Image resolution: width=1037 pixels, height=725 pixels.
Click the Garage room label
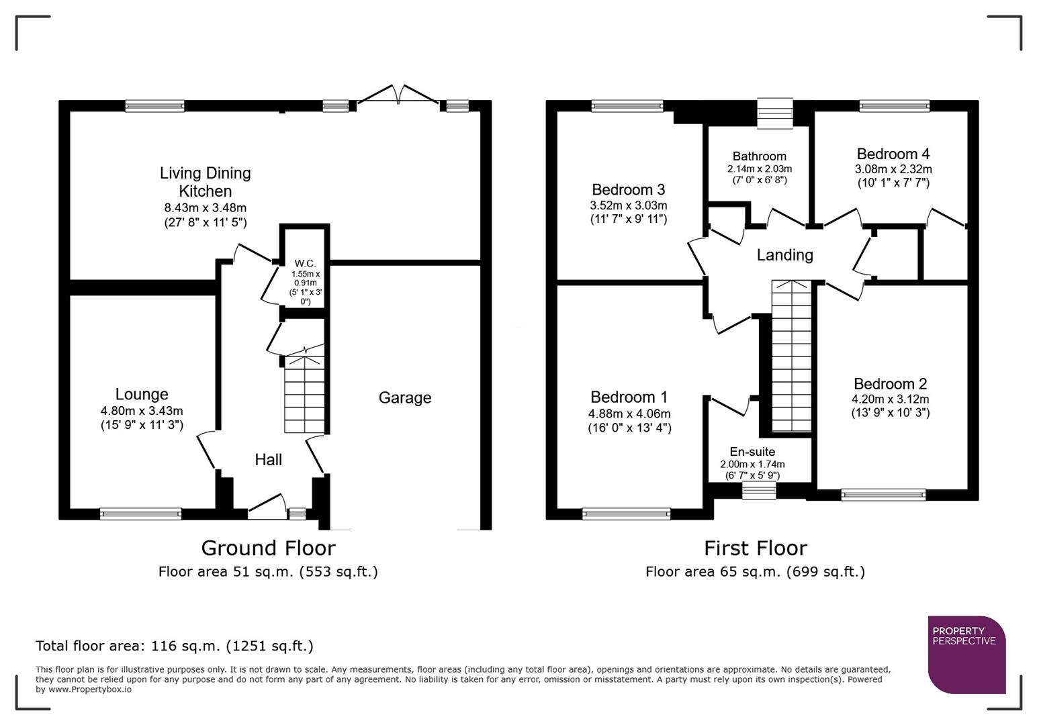click(x=404, y=398)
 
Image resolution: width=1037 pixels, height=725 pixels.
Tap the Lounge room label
click(x=141, y=395)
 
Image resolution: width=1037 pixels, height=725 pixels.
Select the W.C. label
click(x=304, y=264)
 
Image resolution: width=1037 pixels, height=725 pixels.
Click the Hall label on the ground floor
click(x=268, y=460)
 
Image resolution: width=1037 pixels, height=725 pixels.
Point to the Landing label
click(x=784, y=255)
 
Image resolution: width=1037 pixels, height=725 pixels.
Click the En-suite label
click(x=752, y=452)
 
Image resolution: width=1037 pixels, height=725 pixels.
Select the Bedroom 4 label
click(x=893, y=154)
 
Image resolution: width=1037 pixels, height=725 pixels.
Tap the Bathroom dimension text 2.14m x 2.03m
click(x=759, y=169)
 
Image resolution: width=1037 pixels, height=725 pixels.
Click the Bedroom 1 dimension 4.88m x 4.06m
click(x=629, y=414)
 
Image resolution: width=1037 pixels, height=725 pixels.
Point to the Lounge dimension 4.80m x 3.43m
click(x=141, y=411)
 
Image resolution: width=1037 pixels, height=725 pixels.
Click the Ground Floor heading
click(x=268, y=548)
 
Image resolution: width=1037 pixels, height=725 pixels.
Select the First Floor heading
click(x=755, y=548)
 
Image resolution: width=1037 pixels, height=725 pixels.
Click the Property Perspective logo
click(x=966, y=655)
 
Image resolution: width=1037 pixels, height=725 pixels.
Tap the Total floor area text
click(x=174, y=646)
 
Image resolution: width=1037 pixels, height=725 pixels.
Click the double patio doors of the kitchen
click(x=399, y=95)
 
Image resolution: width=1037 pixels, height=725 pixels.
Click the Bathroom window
click(x=774, y=113)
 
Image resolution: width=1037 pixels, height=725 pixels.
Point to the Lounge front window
click(x=140, y=514)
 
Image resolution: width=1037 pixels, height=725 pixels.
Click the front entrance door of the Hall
click(x=267, y=507)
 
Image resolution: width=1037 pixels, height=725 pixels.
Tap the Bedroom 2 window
click(x=883, y=495)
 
